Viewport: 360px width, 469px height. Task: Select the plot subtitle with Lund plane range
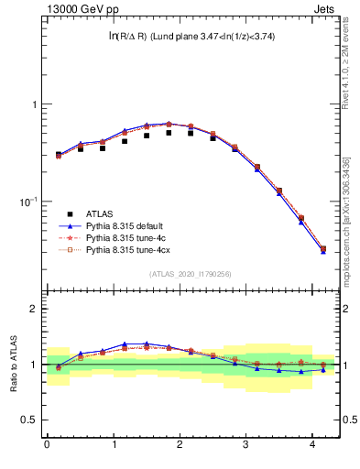[191, 37]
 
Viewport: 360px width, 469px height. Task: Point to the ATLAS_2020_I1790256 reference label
[191, 273]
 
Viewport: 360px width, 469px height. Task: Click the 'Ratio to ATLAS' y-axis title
[15, 364]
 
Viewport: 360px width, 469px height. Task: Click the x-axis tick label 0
[47, 445]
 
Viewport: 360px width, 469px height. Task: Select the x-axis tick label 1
[114, 445]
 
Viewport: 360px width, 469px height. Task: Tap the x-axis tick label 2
[180, 445]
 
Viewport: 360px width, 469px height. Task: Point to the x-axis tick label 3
[246, 445]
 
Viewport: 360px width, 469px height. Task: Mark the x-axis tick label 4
[313, 445]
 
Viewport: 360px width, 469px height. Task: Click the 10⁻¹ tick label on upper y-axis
[30, 202]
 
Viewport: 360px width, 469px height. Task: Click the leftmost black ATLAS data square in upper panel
[58, 155]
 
